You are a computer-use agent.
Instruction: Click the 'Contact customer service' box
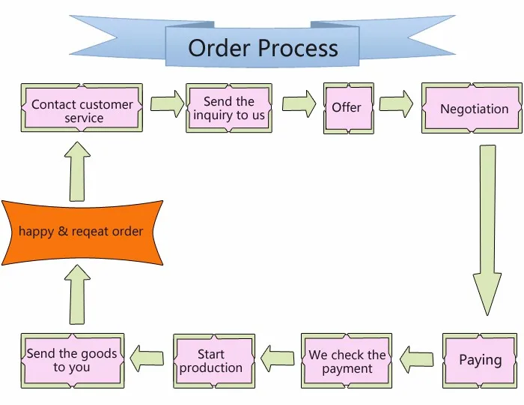point(82,108)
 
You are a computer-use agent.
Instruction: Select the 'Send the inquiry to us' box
point(229,108)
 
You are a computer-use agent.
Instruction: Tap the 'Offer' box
point(349,109)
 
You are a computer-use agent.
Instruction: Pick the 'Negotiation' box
point(472,108)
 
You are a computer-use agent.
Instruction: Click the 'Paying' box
point(480,361)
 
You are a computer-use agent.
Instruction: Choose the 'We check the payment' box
point(347,361)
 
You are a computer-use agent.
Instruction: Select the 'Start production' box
point(214,361)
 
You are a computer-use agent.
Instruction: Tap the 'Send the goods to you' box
point(73,361)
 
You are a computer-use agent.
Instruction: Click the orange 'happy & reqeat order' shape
point(82,232)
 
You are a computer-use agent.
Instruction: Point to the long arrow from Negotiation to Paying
point(487,230)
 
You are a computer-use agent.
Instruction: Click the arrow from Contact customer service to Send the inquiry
point(167,103)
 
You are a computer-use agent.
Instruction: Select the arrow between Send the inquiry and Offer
point(299,103)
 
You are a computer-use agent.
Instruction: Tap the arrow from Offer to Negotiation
point(396,103)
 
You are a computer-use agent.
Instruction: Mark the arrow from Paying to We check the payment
point(416,359)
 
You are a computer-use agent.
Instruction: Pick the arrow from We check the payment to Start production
point(278,358)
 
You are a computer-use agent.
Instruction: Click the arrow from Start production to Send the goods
point(147,358)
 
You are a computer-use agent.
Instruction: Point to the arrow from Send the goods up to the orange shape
point(77,295)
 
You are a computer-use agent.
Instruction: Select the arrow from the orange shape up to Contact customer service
point(77,171)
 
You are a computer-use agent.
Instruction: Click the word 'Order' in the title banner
point(219,48)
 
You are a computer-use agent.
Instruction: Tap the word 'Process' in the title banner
point(298,48)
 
